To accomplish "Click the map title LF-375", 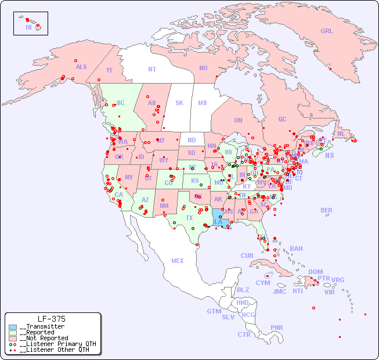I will (x=51, y=319).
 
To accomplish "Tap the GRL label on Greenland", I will (x=327, y=31).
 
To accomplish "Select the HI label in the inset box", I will (x=28, y=27).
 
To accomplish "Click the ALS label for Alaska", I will (x=81, y=67).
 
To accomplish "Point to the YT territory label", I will (x=109, y=70).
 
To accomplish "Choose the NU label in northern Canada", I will (x=203, y=68).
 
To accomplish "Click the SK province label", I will (x=179, y=103).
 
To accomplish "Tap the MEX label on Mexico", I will (x=178, y=261).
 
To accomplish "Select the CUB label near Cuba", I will (x=247, y=255).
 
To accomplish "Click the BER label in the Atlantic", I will (x=327, y=210).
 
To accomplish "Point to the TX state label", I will (x=189, y=218).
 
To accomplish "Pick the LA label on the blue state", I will (x=218, y=222).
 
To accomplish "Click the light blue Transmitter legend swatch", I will (x=13, y=327).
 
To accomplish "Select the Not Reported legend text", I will (x=44, y=338).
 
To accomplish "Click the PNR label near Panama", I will (x=277, y=327).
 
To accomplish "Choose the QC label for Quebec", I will (x=282, y=119).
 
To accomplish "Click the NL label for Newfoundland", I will (x=341, y=133).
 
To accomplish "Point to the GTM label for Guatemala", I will (x=214, y=311).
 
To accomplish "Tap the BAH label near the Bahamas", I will (x=296, y=249).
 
